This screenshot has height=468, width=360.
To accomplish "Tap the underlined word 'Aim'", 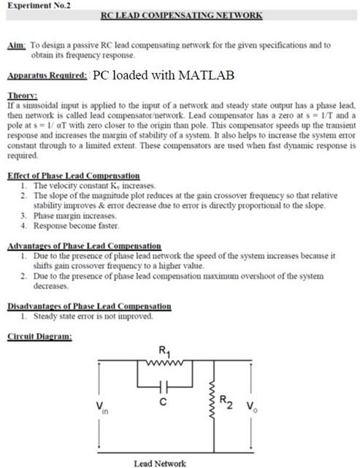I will [x=16, y=45].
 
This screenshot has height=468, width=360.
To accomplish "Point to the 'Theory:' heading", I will [x=21, y=96].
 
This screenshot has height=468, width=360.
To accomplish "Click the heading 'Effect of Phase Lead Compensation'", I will [x=72, y=176].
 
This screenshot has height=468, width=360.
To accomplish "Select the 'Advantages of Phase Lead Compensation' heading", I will [x=83, y=246].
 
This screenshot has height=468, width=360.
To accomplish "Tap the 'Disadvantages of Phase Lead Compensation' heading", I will [x=88, y=306].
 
